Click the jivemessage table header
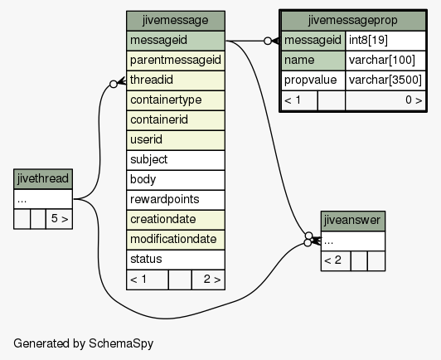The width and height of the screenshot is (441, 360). pos(176,21)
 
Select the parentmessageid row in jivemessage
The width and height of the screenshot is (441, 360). pos(176,61)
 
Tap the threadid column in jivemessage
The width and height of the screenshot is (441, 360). pos(176,80)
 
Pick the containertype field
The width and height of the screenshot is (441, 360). pos(176,100)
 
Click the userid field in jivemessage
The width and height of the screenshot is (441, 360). pos(176,140)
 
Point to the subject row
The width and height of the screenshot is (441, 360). pos(176,160)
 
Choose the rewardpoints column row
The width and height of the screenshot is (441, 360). pos(176,200)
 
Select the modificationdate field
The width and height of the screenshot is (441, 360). pos(176,240)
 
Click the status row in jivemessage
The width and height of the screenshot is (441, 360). pos(176,260)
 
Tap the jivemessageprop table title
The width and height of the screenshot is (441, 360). pos(353,21)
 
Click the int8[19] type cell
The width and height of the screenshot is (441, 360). pos(385,41)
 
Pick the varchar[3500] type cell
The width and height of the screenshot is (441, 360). pos(385,80)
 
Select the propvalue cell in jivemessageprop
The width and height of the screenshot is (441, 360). pos(313,80)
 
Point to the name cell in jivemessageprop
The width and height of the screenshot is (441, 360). pos(313,61)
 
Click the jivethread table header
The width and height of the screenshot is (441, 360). pos(43,179)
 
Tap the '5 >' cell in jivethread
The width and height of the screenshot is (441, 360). pos(59,219)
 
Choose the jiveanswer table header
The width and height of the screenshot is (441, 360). pos(353,221)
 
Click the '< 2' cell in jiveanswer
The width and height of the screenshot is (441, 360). pos(336,261)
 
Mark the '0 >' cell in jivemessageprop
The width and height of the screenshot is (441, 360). pos(385,100)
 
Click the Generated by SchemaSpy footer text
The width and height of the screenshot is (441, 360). pos(83,343)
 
